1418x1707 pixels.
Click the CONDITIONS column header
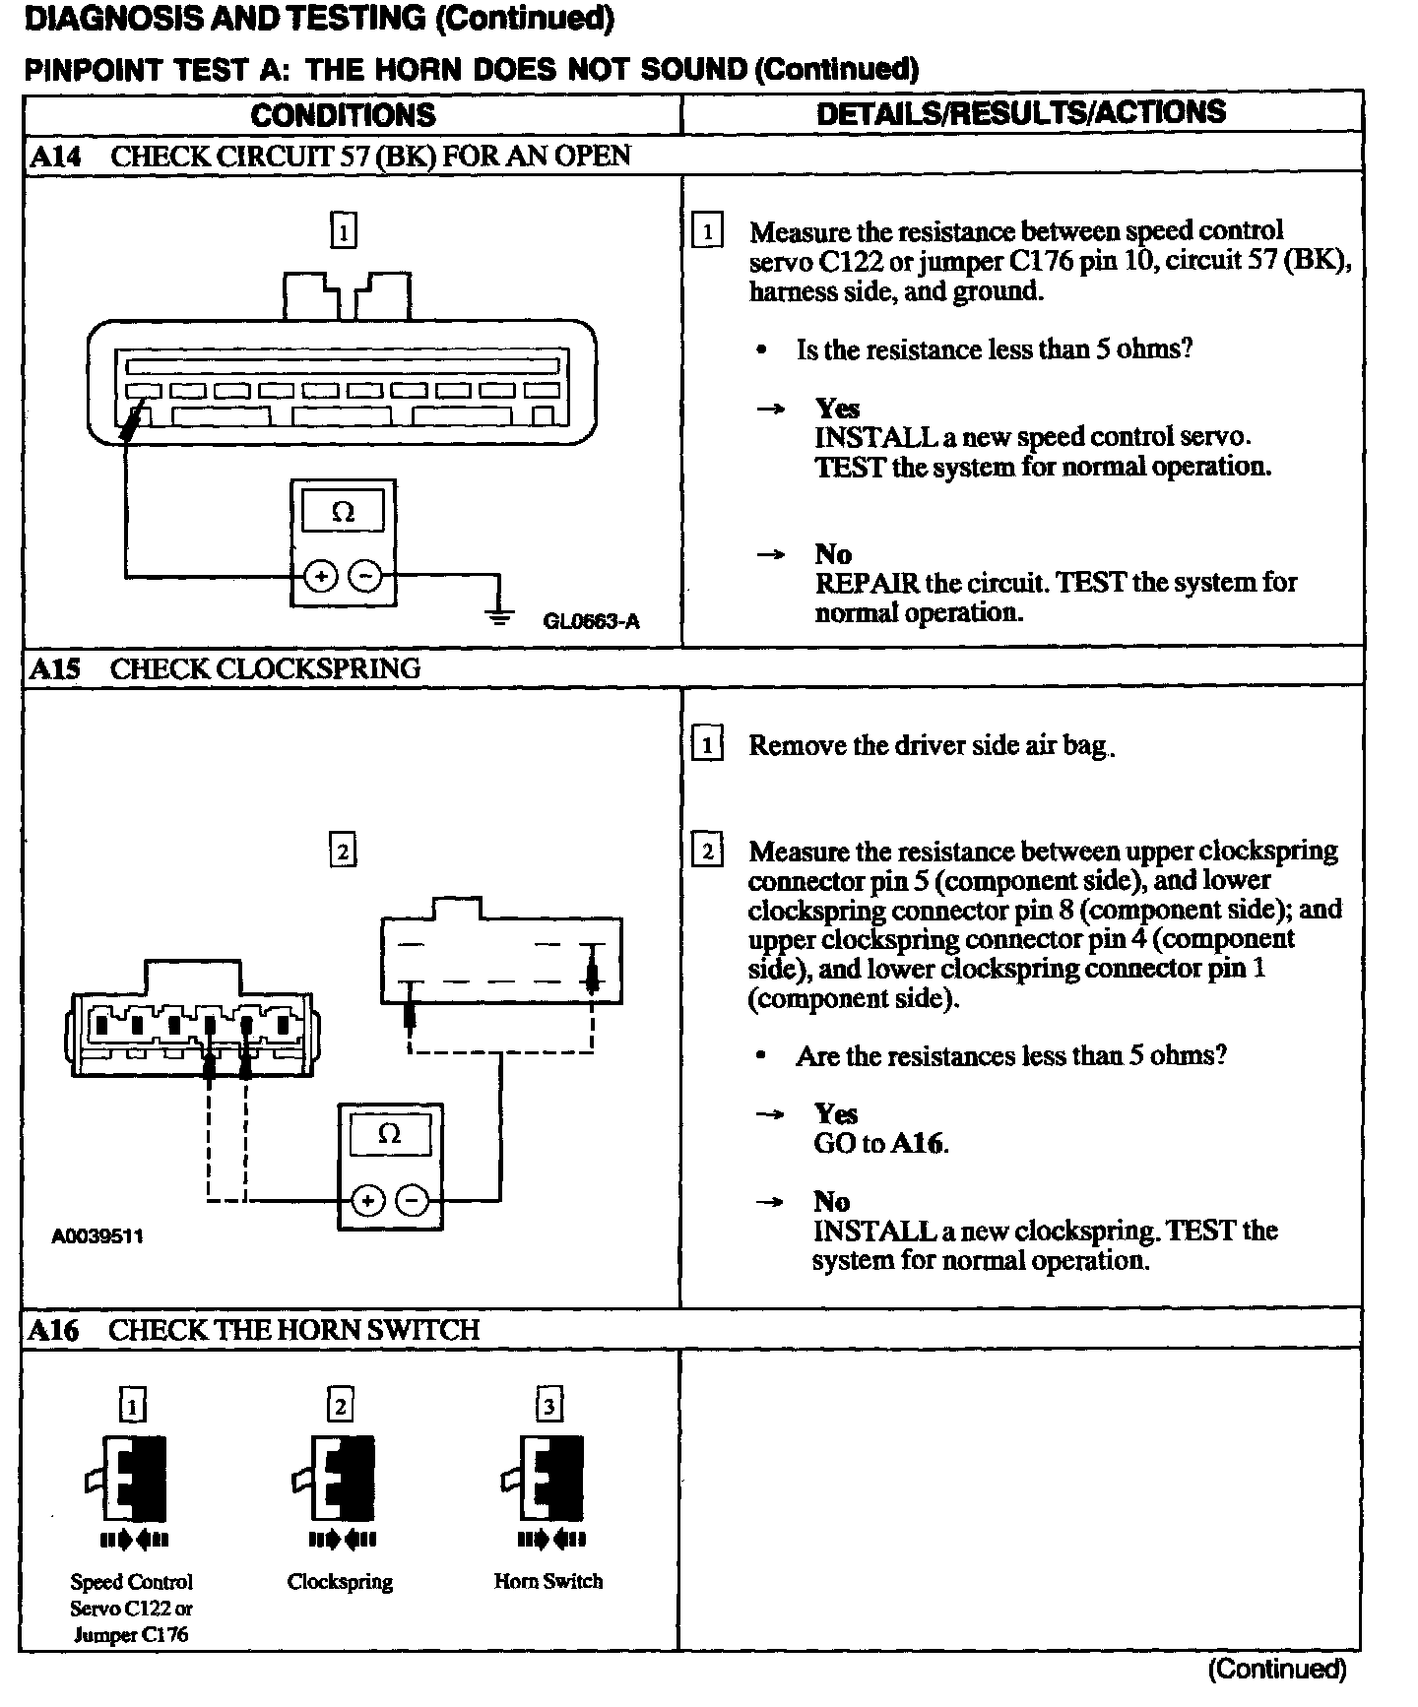(343, 115)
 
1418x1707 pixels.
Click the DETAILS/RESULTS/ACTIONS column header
(1021, 112)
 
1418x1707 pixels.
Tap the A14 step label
(55, 156)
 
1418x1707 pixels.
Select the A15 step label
(54, 669)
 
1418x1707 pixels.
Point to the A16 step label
(53, 1330)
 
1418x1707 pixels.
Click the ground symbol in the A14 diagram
(500, 616)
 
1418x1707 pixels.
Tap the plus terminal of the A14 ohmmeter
(321, 575)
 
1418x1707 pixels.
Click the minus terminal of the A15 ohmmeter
(413, 1201)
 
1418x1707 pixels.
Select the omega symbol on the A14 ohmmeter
(343, 512)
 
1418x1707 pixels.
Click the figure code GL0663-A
(591, 621)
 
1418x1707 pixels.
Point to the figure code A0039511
(97, 1235)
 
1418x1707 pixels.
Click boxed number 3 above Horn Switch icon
(548, 1405)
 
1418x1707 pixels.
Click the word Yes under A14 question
(837, 409)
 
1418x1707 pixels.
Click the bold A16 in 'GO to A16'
(918, 1143)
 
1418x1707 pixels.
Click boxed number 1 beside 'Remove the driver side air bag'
(707, 744)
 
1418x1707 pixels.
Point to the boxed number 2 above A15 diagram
(342, 851)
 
